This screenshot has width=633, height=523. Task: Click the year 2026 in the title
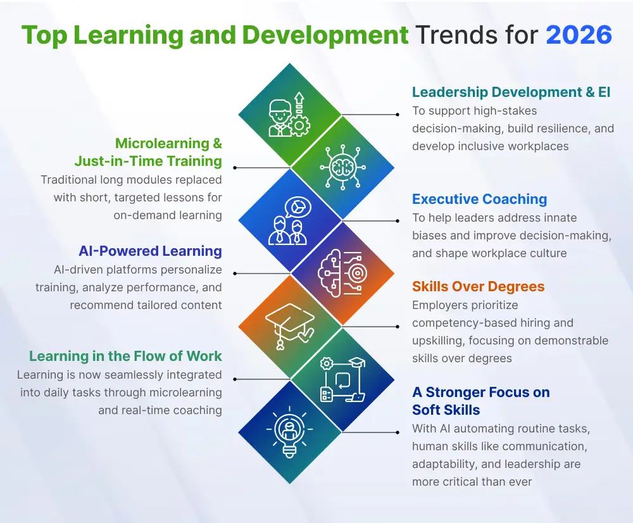click(x=579, y=34)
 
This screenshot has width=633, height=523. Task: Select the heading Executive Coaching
click(x=479, y=199)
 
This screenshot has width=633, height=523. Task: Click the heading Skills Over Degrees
click(x=478, y=286)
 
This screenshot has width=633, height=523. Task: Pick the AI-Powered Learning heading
click(x=150, y=251)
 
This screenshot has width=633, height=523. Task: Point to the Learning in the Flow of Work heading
click(x=125, y=356)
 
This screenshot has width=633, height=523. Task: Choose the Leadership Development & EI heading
click(x=511, y=92)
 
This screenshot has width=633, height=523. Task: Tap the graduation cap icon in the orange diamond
click(x=290, y=325)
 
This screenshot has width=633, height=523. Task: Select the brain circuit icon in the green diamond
click(x=342, y=167)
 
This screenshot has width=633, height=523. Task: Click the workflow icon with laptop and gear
click(x=342, y=379)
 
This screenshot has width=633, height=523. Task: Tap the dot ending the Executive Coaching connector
click(x=398, y=220)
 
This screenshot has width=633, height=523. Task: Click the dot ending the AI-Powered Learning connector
click(x=235, y=273)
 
